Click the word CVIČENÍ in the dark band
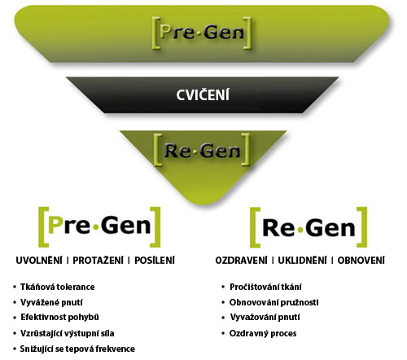(x=203, y=95)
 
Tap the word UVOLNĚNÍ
(x=39, y=261)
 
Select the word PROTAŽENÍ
(x=98, y=261)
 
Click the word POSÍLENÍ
(x=155, y=261)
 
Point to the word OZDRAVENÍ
(x=241, y=261)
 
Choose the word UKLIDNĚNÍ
(x=302, y=261)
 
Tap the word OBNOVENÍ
(x=361, y=261)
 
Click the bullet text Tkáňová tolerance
(x=58, y=287)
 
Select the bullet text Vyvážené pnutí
(x=51, y=302)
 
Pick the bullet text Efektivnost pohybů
(x=59, y=317)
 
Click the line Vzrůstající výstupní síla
(x=68, y=333)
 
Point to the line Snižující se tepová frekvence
(x=77, y=349)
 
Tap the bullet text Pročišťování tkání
(x=265, y=287)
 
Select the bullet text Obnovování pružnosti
(x=274, y=302)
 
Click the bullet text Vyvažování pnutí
(x=265, y=317)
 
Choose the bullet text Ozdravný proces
(x=263, y=333)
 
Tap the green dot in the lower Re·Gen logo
(x=300, y=230)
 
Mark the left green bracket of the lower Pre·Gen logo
(x=43, y=227)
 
